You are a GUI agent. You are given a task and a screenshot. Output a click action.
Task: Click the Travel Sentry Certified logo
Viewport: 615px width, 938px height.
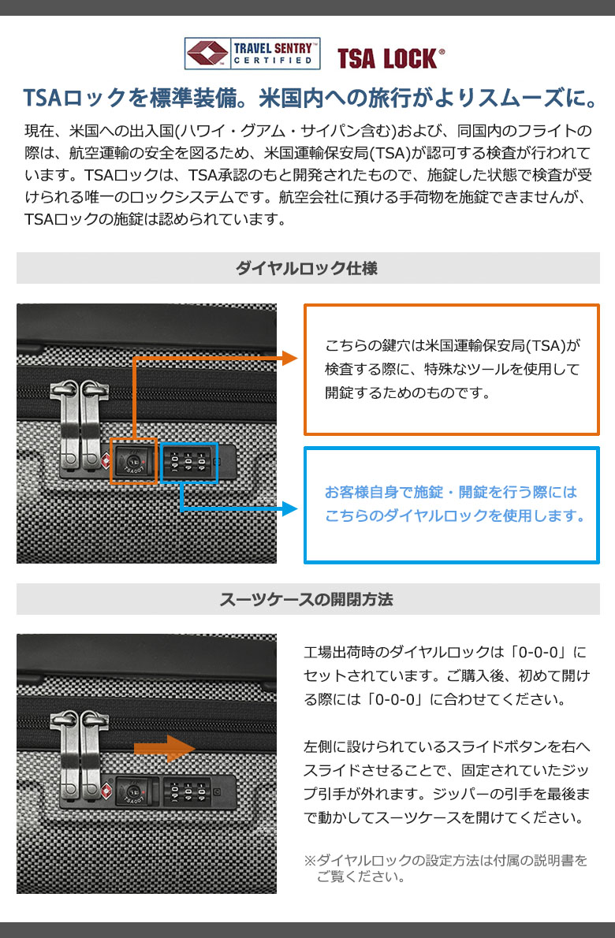coord(252,54)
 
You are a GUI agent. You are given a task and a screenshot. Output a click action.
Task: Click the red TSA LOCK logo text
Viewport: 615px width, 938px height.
coord(390,58)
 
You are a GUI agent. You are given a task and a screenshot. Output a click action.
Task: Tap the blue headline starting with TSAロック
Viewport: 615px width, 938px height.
coord(309,98)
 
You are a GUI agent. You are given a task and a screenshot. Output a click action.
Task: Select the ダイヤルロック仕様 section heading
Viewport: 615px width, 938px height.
coord(307,268)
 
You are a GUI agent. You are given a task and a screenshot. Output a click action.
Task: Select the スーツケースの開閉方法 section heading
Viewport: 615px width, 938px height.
coord(306,599)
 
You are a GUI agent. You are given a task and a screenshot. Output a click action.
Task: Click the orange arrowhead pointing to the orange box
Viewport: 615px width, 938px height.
coord(289,359)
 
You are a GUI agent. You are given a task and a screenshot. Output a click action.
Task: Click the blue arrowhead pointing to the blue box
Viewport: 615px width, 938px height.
coord(289,509)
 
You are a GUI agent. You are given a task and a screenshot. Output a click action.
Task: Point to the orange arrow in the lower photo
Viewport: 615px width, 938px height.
coord(165,748)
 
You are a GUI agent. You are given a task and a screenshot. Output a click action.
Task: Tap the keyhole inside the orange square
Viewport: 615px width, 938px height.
coord(132,460)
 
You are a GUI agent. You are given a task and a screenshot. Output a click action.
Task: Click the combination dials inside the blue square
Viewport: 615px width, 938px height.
coord(189,462)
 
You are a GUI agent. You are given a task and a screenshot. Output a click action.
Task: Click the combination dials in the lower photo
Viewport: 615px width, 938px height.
coord(189,793)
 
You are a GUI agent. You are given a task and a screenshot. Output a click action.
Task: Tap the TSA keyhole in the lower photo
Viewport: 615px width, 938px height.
coord(133,791)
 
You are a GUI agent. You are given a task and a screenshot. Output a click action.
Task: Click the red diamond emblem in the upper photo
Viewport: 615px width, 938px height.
coord(106,460)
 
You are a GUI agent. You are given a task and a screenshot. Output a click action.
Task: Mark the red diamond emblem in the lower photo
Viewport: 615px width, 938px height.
coord(106,791)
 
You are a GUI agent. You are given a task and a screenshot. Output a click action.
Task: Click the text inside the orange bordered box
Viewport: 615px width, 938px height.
coord(453,369)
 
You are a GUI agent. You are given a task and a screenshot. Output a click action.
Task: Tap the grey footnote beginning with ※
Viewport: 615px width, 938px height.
coord(445,869)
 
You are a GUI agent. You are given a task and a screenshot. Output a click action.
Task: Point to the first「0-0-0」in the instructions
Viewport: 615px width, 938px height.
coord(538,651)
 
